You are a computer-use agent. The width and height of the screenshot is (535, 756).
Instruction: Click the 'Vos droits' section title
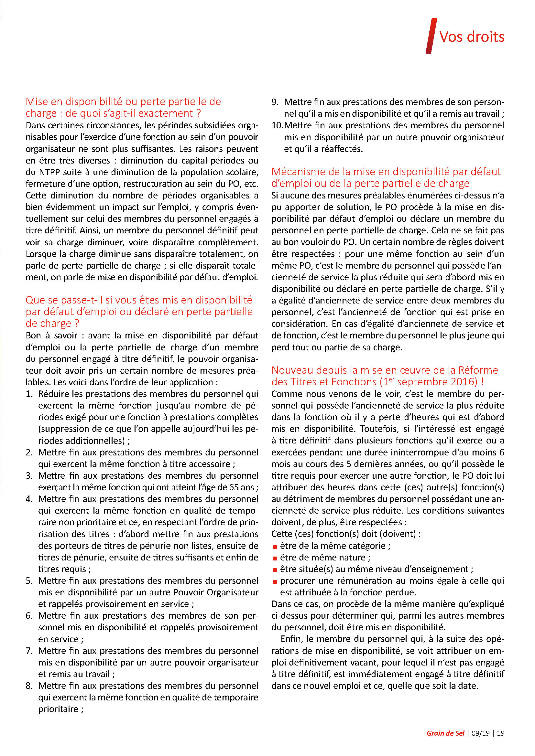472,37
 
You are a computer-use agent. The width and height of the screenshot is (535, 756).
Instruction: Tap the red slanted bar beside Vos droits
431,36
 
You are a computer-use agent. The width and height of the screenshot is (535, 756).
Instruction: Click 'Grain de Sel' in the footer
445,733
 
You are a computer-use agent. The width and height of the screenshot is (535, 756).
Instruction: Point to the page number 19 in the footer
501,733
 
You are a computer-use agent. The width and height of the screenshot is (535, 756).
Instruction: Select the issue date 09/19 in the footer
480,733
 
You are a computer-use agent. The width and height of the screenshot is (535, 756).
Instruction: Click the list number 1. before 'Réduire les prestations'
29,394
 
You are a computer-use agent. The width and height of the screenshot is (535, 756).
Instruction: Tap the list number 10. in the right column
277,125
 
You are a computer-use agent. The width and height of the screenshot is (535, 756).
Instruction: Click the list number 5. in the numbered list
29,580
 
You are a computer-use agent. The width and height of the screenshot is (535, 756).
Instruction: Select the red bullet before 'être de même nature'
274,558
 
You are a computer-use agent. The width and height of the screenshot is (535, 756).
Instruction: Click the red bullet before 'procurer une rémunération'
274,581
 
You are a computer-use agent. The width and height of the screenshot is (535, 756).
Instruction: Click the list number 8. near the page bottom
29,686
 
